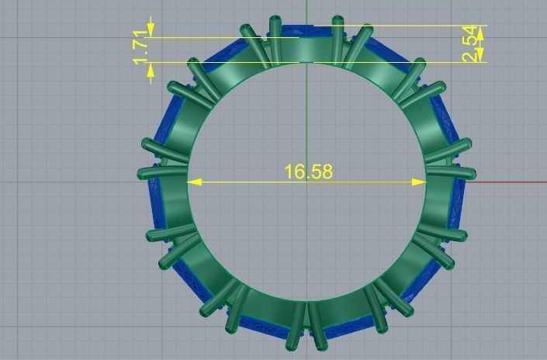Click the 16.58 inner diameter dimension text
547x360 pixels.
click(x=308, y=171)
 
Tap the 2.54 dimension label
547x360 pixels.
click(x=471, y=44)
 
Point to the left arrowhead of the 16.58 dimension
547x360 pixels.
click(x=195, y=182)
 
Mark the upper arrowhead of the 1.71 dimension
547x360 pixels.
click(x=151, y=32)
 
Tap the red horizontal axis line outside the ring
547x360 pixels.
click(x=512, y=183)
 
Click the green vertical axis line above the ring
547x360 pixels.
click(x=307, y=9)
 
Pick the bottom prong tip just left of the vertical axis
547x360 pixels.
click(x=293, y=343)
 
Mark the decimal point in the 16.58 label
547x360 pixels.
click(x=307, y=177)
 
